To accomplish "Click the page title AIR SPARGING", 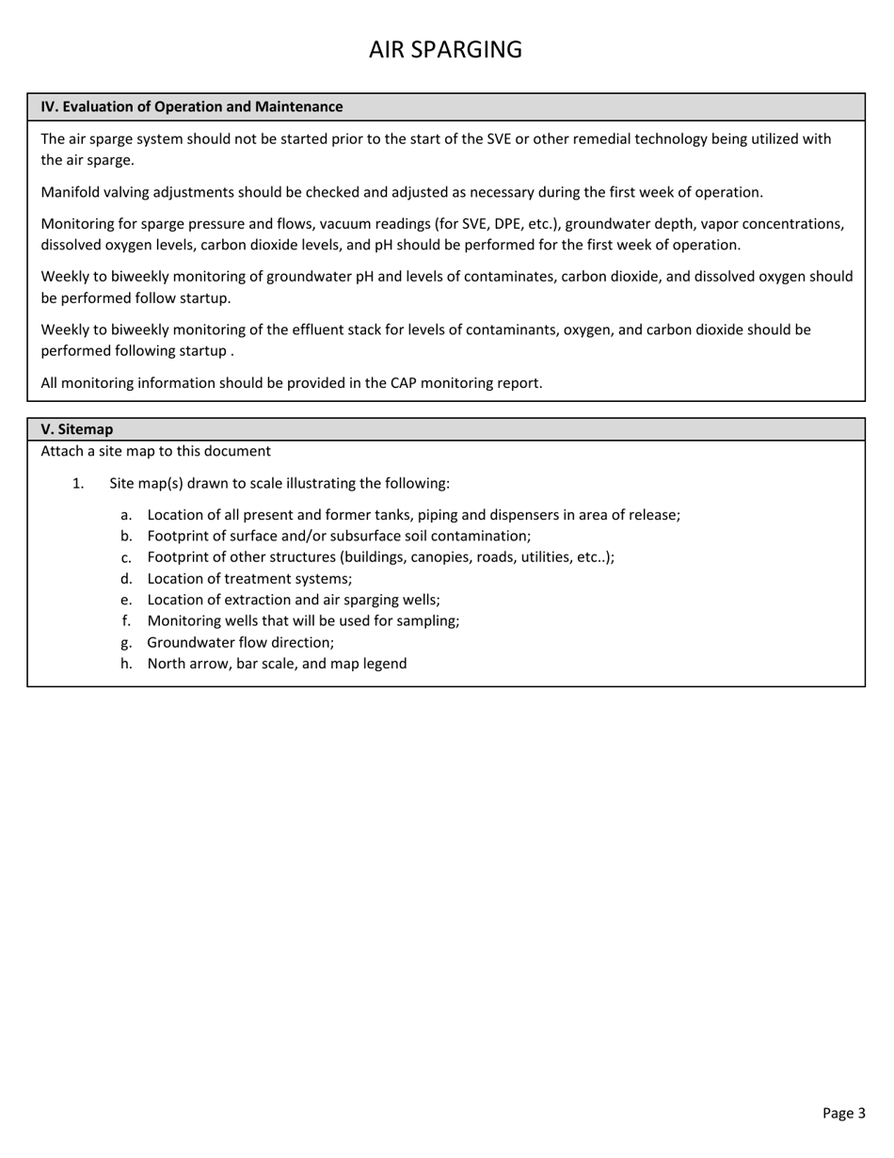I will (x=445, y=50).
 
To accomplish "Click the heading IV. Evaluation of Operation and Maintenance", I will (x=191, y=107).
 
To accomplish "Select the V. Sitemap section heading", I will (x=76, y=429).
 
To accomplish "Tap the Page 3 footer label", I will (x=843, y=1113).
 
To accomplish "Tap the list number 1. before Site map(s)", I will (x=78, y=484).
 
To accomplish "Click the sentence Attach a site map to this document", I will (x=155, y=451).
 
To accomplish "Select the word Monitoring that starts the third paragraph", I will (x=78, y=224).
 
